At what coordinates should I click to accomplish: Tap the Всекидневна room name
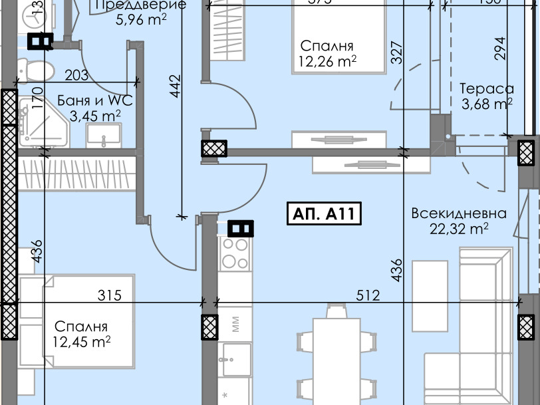coord(459,214)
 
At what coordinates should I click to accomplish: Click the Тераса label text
coord(487,89)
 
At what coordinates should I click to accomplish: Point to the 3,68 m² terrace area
coord(487,104)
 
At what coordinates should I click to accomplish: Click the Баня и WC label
coord(95,101)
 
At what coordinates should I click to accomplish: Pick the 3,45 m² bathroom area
coord(95,116)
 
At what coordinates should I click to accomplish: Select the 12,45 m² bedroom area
coord(81,342)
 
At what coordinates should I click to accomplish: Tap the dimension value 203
coord(77,75)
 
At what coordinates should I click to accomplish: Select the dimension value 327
coord(397,53)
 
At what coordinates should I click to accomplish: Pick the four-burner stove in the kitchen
coord(234,253)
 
